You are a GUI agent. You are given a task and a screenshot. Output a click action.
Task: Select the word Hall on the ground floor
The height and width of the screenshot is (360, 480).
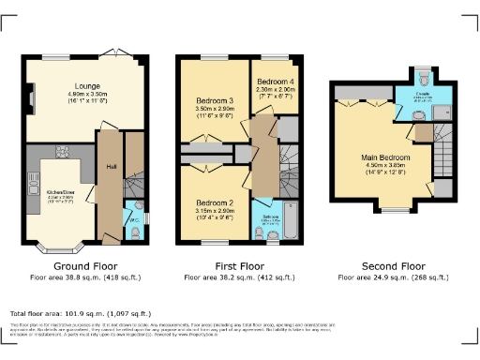(x=110, y=170)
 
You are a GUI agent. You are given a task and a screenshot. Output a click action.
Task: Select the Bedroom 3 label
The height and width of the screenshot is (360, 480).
(x=215, y=100)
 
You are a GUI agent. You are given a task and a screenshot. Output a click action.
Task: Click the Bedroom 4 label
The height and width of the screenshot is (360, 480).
(x=271, y=80)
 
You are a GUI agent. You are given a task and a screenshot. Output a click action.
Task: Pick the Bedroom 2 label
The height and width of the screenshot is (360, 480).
(x=215, y=202)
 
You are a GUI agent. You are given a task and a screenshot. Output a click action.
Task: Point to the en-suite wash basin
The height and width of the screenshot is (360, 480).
(x=416, y=112)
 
